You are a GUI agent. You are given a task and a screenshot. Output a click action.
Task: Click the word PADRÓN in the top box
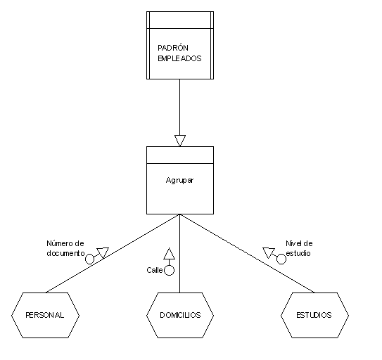click(x=173, y=48)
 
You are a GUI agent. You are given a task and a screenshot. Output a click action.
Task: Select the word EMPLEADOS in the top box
click(x=179, y=58)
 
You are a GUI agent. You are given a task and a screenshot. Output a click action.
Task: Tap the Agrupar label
click(x=179, y=181)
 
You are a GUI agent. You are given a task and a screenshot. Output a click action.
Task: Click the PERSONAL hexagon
click(x=45, y=315)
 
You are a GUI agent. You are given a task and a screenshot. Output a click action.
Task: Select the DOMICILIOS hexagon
click(x=180, y=315)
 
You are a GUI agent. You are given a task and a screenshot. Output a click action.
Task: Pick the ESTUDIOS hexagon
click(x=314, y=315)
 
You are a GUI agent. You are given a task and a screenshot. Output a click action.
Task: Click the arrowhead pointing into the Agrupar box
click(x=180, y=141)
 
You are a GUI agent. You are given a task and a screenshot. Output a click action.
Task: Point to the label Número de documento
click(x=65, y=248)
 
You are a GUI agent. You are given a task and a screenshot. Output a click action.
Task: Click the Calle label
click(x=155, y=270)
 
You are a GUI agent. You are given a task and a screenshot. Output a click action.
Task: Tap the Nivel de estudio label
click(x=299, y=248)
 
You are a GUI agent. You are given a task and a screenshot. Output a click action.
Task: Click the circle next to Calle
click(x=169, y=271)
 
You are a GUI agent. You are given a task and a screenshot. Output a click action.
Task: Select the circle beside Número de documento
click(x=89, y=259)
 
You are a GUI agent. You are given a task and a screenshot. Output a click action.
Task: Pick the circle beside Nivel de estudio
click(x=281, y=259)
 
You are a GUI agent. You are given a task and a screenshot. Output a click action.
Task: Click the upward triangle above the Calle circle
click(x=169, y=254)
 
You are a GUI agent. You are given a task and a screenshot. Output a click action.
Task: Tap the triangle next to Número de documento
click(x=103, y=253)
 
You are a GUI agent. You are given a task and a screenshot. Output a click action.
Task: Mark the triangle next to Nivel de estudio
click(x=269, y=253)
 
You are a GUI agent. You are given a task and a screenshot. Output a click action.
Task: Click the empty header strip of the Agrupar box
click(x=180, y=155)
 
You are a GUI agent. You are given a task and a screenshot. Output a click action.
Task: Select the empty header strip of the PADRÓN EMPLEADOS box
click(x=180, y=20)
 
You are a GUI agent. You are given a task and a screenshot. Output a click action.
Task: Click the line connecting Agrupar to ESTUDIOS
click(x=247, y=253)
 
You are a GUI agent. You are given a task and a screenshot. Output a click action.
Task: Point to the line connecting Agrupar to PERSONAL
click(x=113, y=253)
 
